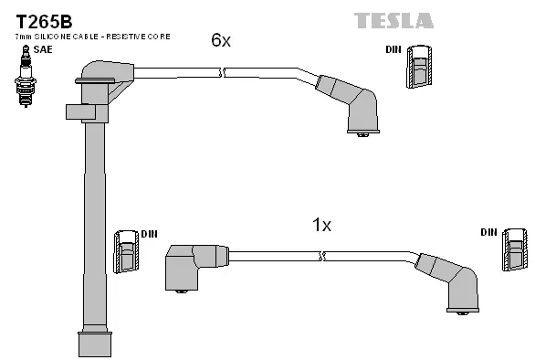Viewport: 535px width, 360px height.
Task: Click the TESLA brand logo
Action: tap(393, 20)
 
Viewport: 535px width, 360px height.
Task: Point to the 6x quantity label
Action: tap(220, 40)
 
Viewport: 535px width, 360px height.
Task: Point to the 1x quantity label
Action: tap(321, 225)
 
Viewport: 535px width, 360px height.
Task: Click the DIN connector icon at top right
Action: tap(419, 67)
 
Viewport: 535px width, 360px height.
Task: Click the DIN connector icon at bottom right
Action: tap(514, 249)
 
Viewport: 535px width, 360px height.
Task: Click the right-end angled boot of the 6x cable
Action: tap(357, 106)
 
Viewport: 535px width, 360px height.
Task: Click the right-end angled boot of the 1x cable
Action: tap(456, 283)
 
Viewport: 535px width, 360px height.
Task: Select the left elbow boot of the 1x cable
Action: tap(190, 266)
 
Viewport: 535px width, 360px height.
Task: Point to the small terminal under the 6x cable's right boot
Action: tap(362, 135)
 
